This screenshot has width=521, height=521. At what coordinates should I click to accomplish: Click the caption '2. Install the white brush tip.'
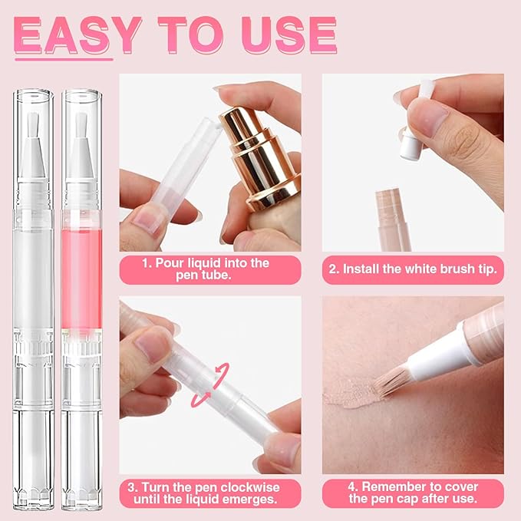[413, 269]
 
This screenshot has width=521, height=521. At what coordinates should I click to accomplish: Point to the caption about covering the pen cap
[413, 493]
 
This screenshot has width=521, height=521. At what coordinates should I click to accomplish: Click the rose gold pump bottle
[257, 161]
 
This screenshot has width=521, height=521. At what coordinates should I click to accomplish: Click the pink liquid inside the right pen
[81, 269]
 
